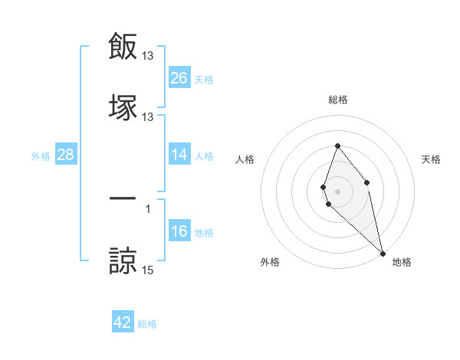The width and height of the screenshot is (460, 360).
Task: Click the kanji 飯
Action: pyautogui.click(x=123, y=47)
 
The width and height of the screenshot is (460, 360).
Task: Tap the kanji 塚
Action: pyautogui.click(x=123, y=106)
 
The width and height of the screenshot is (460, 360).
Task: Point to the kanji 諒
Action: pyautogui.click(x=123, y=260)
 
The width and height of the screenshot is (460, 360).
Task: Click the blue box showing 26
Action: pyautogui.click(x=179, y=78)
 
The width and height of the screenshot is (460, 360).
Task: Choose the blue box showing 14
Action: pyautogui.click(x=179, y=155)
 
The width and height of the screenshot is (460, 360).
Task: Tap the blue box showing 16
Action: pyautogui.click(x=179, y=232)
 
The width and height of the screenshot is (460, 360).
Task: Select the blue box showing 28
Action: pyautogui.click(x=66, y=155)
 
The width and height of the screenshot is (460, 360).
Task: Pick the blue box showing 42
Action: pyautogui.click(x=123, y=322)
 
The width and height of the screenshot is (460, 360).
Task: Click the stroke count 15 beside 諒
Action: pyautogui.click(x=148, y=270)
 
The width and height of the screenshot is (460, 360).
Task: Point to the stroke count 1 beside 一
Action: pyautogui.click(x=148, y=208)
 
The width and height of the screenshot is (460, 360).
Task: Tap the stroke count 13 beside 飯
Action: pyautogui.click(x=148, y=56)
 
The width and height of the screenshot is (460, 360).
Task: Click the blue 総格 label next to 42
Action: pyautogui.click(x=147, y=324)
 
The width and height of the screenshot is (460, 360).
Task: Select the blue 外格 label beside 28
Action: pyautogui.click(x=41, y=156)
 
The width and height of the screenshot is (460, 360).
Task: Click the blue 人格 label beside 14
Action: pyautogui.click(x=204, y=156)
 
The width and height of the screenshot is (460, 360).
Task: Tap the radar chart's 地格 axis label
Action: pyautogui.click(x=402, y=262)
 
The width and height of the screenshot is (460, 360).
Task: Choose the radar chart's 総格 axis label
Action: pyautogui.click(x=337, y=100)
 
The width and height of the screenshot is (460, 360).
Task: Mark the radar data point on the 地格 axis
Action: pyautogui.click(x=383, y=253)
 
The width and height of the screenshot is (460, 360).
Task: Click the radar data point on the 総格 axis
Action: pyautogui.click(x=337, y=146)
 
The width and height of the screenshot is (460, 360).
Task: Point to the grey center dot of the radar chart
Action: pyautogui.click(x=337, y=191)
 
